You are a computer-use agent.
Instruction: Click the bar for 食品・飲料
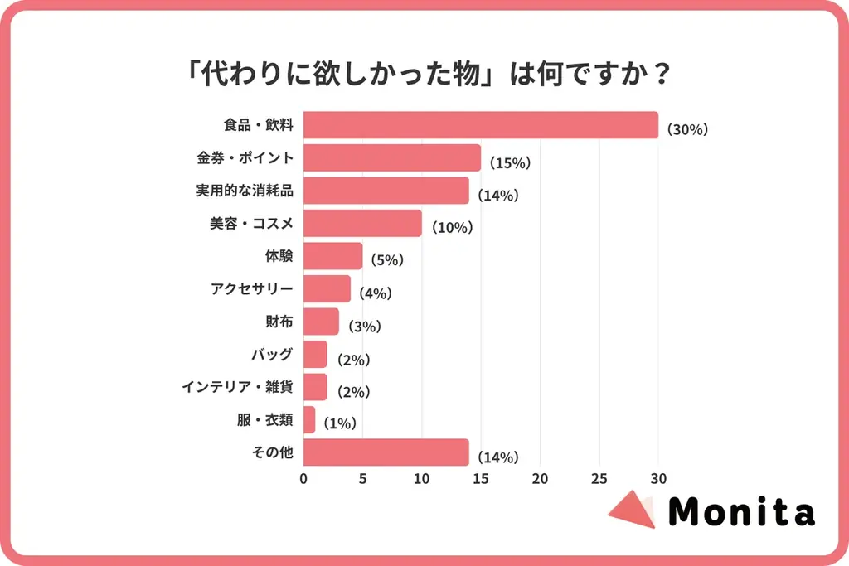pos(481,125)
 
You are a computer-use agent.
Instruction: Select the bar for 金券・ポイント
pos(392,158)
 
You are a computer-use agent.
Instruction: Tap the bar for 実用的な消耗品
pos(386,191)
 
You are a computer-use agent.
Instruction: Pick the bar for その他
pos(386,452)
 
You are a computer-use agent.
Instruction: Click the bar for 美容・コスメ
pos(362,224)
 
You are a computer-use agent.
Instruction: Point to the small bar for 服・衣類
pos(309,420)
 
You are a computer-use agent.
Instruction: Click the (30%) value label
pos(686,130)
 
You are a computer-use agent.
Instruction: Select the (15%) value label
pos(508,163)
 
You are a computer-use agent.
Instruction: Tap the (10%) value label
pos(449,228)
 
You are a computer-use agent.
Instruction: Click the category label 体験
pos(279,256)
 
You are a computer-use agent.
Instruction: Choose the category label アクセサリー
pos(252,289)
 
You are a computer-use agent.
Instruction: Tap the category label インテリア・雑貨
pos(237,387)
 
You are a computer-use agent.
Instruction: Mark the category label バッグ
pos(272,355)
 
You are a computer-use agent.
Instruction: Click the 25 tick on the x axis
pos(599,479)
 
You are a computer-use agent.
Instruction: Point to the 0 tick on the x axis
pos(303,479)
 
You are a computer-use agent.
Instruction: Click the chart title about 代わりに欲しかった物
pos(424,75)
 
